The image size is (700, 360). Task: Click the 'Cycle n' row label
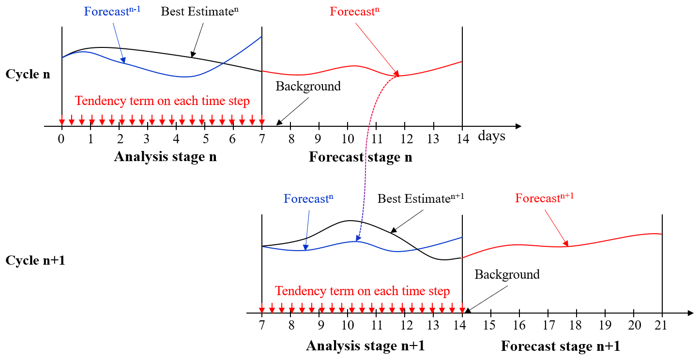point(28,74)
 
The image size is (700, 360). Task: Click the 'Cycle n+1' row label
point(35,260)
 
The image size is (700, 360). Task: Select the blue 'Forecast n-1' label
point(112,11)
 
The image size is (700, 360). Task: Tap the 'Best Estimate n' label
point(199,11)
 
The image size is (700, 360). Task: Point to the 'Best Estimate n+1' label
point(421,198)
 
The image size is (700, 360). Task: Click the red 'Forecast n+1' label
point(545,197)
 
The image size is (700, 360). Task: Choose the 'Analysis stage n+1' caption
point(365,345)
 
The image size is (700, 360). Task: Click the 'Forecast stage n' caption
point(361,157)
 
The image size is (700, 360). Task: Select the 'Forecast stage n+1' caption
point(561,346)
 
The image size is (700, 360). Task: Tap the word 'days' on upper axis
point(491,136)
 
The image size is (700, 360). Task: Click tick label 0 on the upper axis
point(61,139)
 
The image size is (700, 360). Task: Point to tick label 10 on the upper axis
point(348,139)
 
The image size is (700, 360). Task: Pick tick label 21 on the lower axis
point(661,325)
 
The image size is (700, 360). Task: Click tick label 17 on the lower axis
point(549,325)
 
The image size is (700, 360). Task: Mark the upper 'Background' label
point(308,86)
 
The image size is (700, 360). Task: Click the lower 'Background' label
point(507,274)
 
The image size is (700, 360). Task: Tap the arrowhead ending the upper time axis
point(518,126)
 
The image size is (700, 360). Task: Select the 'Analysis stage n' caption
point(165,156)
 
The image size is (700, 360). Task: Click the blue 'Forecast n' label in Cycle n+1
point(308,198)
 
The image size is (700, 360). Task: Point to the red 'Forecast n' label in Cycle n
point(355,11)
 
